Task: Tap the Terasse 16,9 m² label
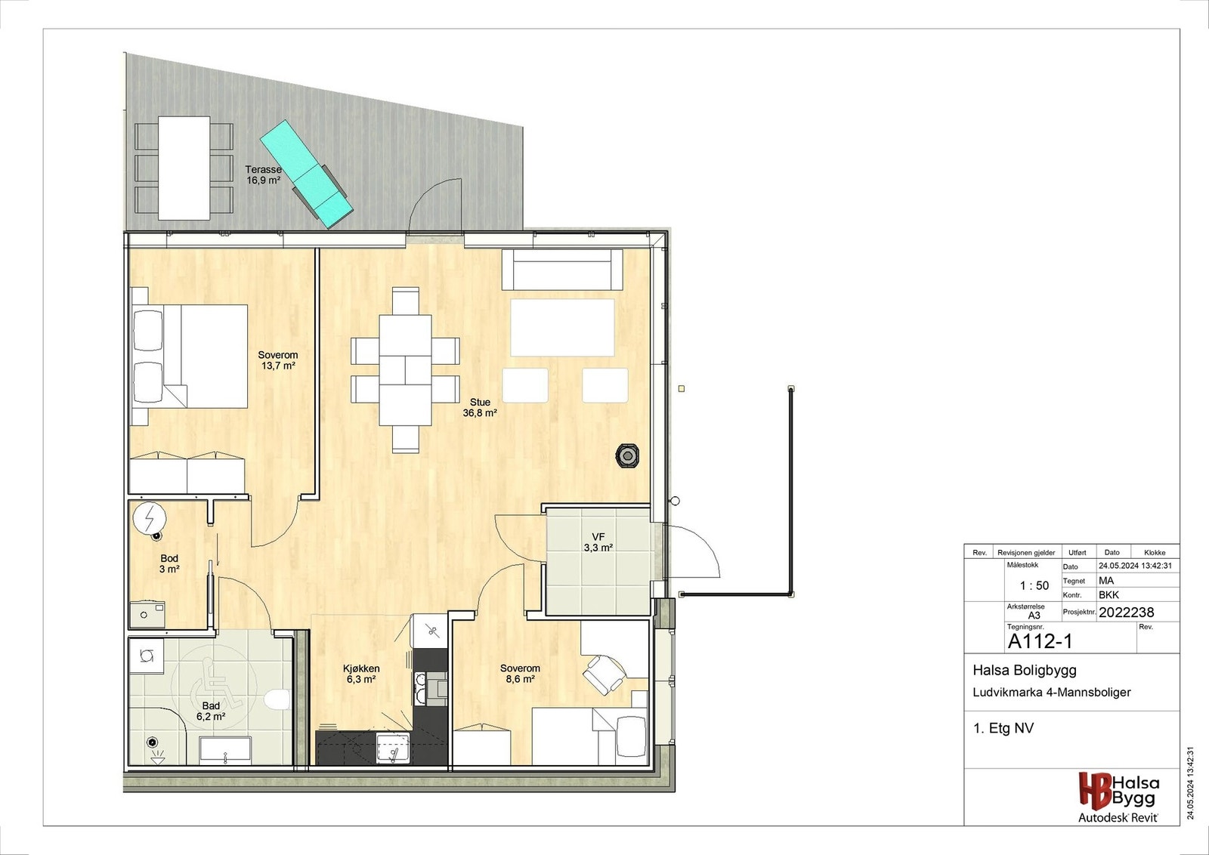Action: coord(263,175)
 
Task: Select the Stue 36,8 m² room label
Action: coord(480,408)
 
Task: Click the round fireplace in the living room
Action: coord(627,456)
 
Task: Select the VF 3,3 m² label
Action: coord(598,542)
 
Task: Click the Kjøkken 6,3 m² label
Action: coord(361,674)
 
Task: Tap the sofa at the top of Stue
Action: coord(562,270)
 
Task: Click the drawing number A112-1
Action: coord(1040,641)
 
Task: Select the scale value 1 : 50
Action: coord(1034,585)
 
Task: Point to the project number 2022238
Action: coord(1126,613)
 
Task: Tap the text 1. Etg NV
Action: coord(1003,728)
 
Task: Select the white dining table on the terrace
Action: coord(184,168)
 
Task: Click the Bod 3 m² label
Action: coord(169,563)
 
